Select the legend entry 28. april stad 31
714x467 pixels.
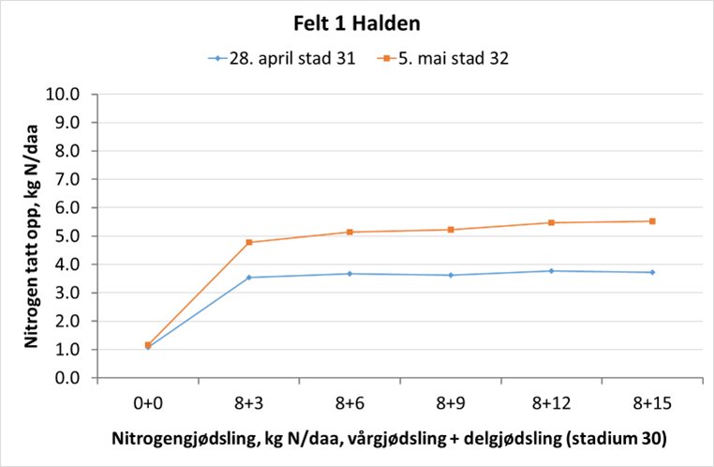[x=281, y=58]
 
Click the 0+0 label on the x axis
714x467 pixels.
[x=148, y=402]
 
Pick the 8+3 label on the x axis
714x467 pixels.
[x=248, y=402]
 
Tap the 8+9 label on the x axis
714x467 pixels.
[x=450, y=402]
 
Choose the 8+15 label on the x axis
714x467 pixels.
[x=651, y=402]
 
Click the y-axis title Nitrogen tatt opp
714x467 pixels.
[x=31, y=234]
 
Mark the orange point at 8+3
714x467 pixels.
[x=249, y=242]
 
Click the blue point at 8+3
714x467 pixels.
[x=249, y=278]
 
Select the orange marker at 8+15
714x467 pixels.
[x=651, y=221]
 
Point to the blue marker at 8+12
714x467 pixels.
[x=551, y=271]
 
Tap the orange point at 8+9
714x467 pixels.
[x=451, y=230]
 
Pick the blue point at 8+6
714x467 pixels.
[x=350, y=274]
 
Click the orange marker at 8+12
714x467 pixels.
[x=551, y=222]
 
